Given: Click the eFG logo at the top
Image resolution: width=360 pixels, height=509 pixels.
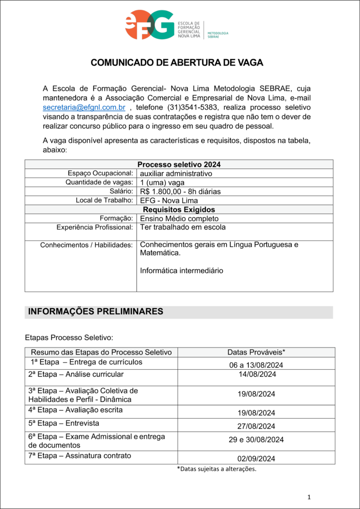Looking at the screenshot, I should (150, 25).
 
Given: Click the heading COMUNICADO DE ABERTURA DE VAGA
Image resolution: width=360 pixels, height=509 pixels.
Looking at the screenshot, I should (177, 63).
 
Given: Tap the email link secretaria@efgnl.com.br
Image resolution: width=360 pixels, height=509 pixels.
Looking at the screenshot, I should (84, 107).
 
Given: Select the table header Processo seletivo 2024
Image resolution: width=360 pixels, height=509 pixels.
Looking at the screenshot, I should (179, 165).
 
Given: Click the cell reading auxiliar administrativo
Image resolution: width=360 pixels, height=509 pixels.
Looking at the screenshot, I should (176, 173).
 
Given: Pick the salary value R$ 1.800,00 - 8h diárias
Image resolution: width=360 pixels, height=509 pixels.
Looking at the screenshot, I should (180, 191).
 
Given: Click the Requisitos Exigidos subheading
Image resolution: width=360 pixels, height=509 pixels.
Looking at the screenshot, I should (179, 210).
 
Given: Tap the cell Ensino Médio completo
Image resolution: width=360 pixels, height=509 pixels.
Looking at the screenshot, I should (179, 219).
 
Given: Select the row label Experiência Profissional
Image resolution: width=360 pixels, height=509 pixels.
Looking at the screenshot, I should (94, 228).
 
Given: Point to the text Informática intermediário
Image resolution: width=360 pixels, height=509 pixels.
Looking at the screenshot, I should (181, 271).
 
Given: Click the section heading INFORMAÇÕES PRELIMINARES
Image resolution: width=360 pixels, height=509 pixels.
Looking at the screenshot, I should (95, 312).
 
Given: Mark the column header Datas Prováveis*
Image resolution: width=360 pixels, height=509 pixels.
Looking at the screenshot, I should (256, 352).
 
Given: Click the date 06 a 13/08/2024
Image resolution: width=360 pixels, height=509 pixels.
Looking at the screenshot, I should (256, 365).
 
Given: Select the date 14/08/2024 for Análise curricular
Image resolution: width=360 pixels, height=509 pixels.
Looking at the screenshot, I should (256, 374).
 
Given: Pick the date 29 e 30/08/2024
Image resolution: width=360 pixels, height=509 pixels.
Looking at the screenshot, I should (256, 440).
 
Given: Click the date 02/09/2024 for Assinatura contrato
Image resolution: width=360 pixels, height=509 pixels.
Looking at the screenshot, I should (256, 459).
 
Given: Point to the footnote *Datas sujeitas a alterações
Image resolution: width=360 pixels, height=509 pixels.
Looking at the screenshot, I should (217, 469).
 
